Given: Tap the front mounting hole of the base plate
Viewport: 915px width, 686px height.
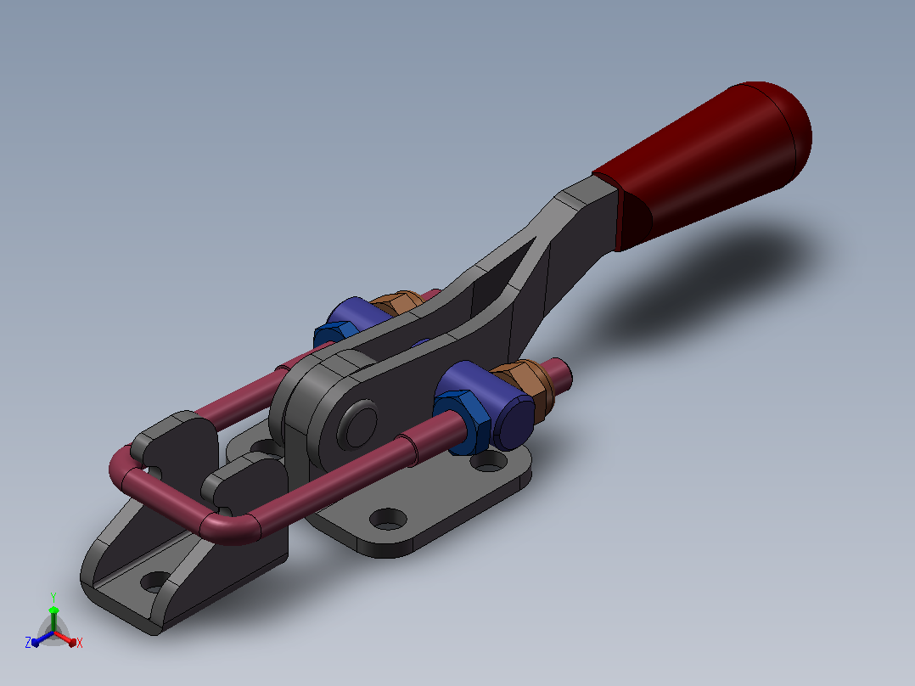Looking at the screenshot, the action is point(388,519).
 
